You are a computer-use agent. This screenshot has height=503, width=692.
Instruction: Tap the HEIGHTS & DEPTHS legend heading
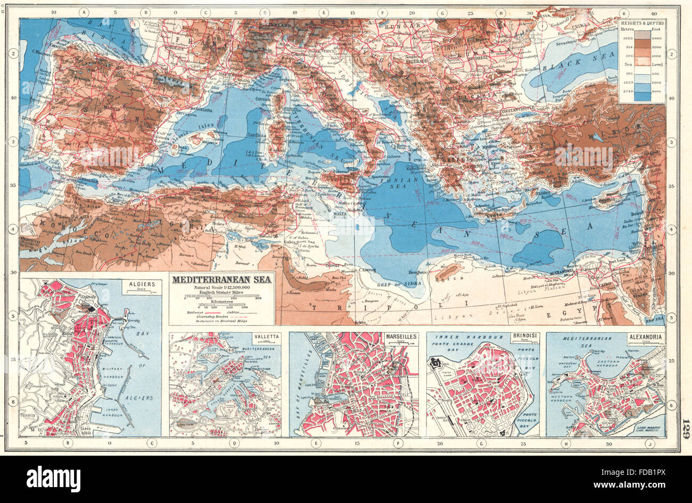pyautogui.click(x=642, y=23)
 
